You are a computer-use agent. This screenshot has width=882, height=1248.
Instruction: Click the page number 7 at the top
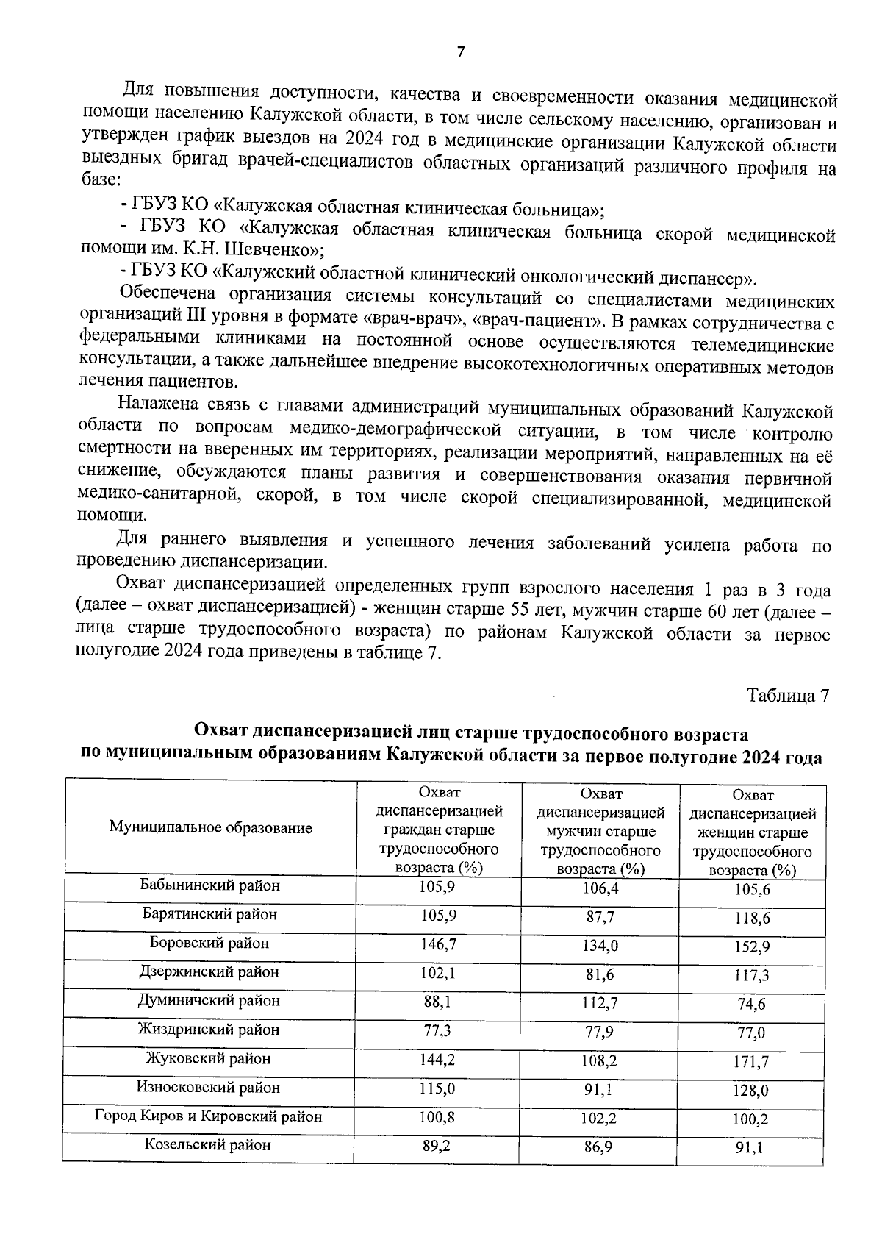coord(461,51)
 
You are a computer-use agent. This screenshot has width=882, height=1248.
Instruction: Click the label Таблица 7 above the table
coord(788,695)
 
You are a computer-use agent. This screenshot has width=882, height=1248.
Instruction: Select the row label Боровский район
coord(209,942)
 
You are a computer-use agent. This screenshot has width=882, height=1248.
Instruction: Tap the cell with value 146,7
coord(437,944)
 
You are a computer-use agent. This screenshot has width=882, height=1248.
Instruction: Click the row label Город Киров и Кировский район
coord(209,1116)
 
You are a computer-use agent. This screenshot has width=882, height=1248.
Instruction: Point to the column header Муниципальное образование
coord(210,827)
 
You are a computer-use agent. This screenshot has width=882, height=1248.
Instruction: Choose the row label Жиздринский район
coord(209,1030)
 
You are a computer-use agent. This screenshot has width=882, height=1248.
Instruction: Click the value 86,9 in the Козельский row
coord(599,1147)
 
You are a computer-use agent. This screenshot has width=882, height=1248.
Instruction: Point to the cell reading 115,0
coord(437,1088)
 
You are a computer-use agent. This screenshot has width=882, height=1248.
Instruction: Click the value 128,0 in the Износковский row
coord(750,1091)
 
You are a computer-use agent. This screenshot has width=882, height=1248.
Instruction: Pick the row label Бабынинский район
coord(210,885)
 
